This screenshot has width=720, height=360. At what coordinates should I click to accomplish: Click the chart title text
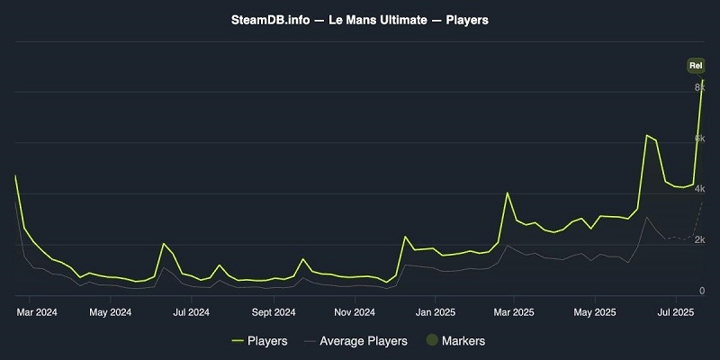(x=360, y=19)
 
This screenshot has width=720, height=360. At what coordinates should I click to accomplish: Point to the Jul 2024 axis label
(x=192, y=312)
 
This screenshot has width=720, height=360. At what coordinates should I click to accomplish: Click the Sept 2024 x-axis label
(x=274, y=312)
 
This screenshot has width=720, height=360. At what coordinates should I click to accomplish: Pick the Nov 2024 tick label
(x=355, y=312)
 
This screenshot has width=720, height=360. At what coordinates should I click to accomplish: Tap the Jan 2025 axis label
(x=436, y=312)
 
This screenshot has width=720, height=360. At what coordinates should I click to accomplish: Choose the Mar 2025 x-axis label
(x=514, y=312)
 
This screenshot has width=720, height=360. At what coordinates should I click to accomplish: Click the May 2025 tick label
(x=595, y=312)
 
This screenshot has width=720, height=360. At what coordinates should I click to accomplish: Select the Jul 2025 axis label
(x=675, y=312)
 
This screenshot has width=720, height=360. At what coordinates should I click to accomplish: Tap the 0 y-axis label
(x=701, y=291)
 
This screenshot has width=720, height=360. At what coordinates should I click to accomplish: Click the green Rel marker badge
(x=695, y=65)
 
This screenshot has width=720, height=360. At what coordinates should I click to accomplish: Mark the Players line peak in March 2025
(x=508, y=193)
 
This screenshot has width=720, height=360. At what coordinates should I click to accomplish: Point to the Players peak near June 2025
(x=646, y=135)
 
